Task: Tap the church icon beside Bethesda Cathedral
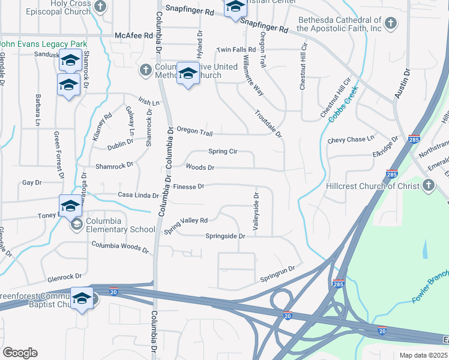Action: coord(391,24)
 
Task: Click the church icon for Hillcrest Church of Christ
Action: coord(429,186)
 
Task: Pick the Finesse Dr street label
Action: coord(189,187)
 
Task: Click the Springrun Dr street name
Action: coord(279,275)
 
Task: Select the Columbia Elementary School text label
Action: coord(121,225)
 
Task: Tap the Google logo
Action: coord(20,353)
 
